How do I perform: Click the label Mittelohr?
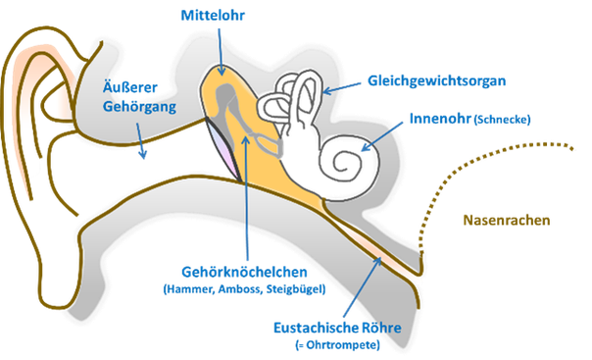(x=213, y=16)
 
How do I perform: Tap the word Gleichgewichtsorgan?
(x=437, y=81)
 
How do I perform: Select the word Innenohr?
(x=440, y=119)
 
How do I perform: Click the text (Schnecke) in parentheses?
(x=502, y=120)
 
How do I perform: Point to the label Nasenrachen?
(x=507, y=220)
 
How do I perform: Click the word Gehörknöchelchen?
(x=244, y=272)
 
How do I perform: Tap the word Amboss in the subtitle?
(x=240, y=289)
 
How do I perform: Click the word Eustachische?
(x=315, y=328)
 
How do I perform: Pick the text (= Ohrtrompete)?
(x=337, y=345)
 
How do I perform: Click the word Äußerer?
(x=130, y=87)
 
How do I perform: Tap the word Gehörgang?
(x=139, y=107)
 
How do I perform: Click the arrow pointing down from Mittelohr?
(x=221, y=52)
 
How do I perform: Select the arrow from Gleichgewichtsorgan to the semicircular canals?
(x=342, y=88)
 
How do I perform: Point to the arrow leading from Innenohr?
(x=382, y=136)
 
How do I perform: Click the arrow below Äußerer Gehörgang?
(x=140, y=140)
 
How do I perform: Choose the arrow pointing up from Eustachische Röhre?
(x=363, y=286)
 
